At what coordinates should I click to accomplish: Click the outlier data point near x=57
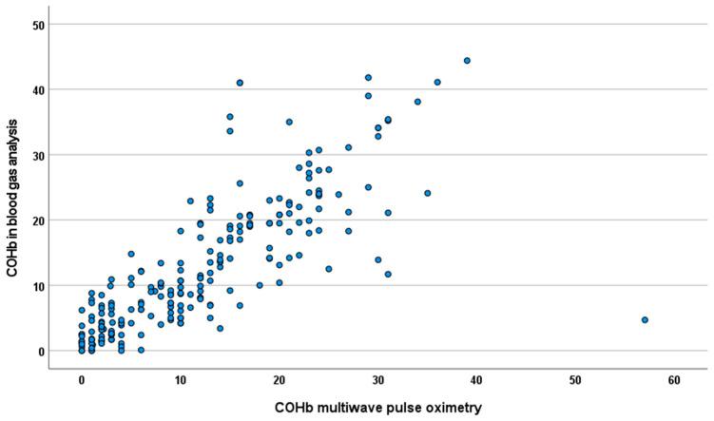645,320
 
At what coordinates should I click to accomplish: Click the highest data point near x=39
467,61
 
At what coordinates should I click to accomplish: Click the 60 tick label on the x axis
674,379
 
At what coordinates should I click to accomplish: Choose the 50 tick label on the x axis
575,379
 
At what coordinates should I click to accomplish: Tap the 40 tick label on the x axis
476,379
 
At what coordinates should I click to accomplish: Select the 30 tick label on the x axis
377,379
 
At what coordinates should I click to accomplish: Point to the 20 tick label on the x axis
279,379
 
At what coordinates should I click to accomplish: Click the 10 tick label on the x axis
180,379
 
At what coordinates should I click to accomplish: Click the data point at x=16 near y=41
240,83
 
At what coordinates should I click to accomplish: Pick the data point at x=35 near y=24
427,193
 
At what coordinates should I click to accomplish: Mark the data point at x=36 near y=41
437,83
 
